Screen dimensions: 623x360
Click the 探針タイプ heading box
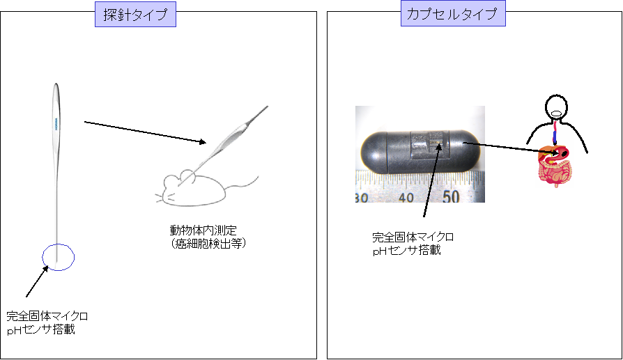point(135,15)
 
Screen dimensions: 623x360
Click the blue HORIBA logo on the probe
point(56,123)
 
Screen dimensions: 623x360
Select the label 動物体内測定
point(203,230)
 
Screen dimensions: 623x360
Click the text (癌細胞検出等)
point(208,243)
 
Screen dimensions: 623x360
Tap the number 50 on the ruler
point(451,196)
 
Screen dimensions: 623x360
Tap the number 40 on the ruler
point(406,197)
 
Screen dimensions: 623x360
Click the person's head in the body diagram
point(556,107)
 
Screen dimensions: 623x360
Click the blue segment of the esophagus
point(555,137)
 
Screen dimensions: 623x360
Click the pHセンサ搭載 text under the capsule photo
point(406,250)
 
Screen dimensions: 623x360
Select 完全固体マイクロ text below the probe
point(47,316)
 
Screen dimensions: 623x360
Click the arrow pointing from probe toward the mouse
point(145,132)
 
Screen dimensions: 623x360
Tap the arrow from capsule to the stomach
point(512,147)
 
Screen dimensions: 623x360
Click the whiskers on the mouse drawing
point(164,196)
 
